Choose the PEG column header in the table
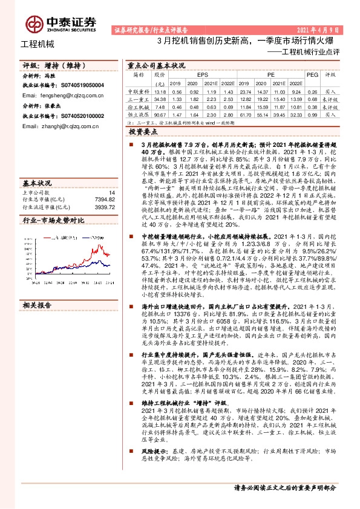312,74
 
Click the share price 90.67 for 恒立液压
160,114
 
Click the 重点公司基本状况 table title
156,64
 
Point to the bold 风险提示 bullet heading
154,451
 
